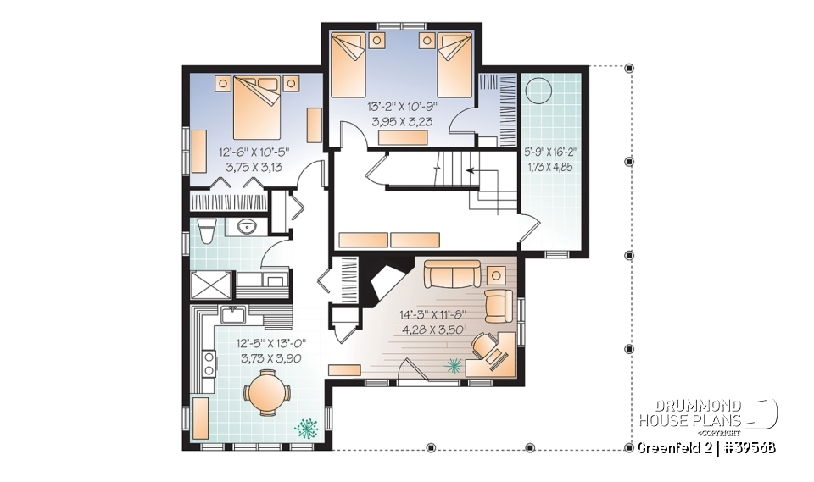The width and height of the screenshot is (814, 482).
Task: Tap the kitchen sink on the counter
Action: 232,315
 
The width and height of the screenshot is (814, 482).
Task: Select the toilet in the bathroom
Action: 203,230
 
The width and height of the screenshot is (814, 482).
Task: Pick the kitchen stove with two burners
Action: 209,363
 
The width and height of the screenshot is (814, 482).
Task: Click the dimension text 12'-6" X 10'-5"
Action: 254,152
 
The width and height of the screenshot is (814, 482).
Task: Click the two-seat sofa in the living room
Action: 452,274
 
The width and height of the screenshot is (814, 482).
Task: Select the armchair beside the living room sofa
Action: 499,303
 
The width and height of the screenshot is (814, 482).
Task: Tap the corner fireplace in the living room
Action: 384,283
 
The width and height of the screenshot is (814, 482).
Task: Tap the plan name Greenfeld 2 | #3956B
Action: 705,447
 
